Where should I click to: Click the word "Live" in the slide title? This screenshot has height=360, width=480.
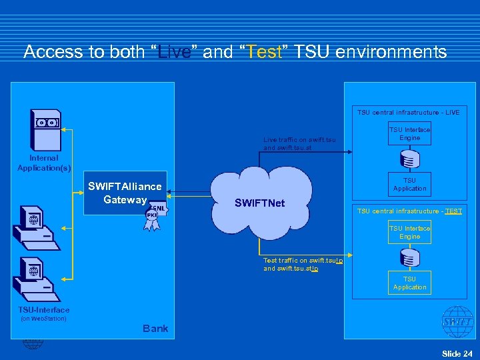[175, 52]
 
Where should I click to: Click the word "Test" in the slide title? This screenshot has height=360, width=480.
[264, 52]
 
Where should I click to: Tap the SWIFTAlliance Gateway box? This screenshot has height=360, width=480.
[125, 193]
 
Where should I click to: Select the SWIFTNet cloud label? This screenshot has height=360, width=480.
[259, 203]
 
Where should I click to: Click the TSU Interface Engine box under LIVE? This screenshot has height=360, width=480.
[409, 133]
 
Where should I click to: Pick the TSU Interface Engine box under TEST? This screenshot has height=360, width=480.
[409, 232]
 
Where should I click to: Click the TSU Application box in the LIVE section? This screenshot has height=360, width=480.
[409, 184]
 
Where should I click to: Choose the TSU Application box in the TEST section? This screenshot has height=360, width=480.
[409, 283]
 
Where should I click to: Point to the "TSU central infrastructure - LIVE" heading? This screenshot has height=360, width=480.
[408, 113]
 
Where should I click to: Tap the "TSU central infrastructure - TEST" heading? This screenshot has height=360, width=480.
[409, 211]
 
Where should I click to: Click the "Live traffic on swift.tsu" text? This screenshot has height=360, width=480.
[299, 144]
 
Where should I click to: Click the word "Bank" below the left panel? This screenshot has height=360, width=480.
[155, 329]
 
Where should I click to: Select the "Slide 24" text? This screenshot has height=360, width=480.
[457, 353]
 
